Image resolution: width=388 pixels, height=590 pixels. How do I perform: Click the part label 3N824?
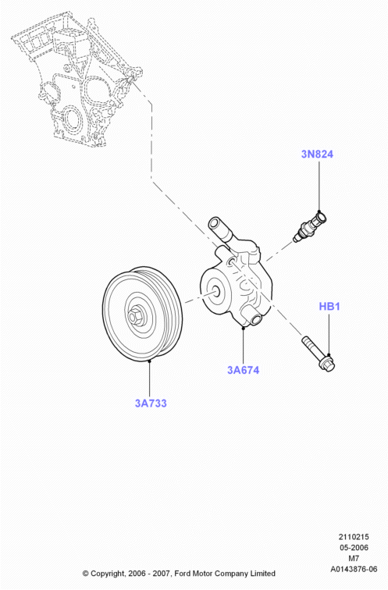[x=317, y=154]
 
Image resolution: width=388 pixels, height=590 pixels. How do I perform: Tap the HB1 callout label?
[x=329, y=306]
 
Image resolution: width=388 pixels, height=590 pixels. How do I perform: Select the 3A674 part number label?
[x=243, y=370]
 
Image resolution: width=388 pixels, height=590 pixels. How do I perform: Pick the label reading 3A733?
[x=151, y=403]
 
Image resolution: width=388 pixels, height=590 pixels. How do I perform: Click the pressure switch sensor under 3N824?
[x=310, y=227]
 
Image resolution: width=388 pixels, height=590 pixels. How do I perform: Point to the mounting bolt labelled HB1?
[x=319, y=354]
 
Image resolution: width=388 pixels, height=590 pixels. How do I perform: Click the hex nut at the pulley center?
[x=133, y=315]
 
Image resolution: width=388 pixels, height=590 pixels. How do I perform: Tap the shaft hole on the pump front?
[x=218, y=290]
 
